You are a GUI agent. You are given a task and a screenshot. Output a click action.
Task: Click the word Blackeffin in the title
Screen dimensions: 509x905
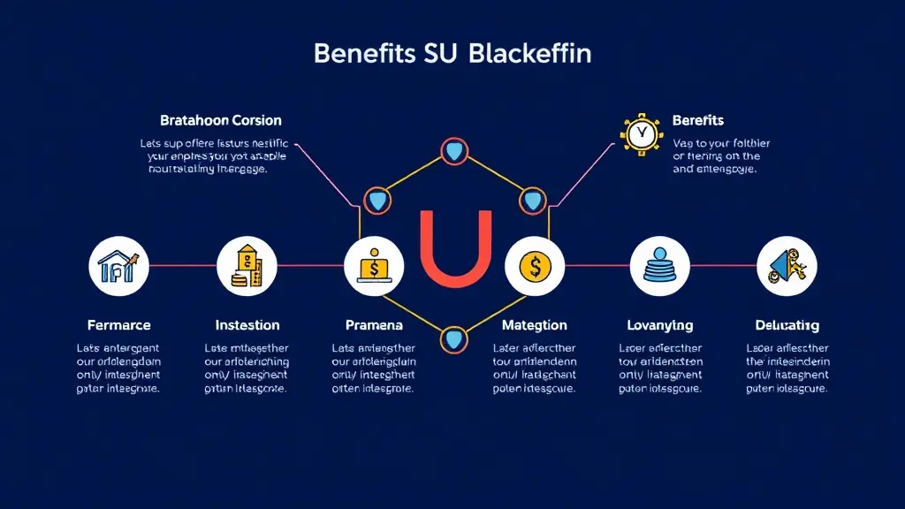click(x=530, y=53)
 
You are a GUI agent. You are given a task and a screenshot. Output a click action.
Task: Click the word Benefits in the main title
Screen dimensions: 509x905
click(x=364, y=53)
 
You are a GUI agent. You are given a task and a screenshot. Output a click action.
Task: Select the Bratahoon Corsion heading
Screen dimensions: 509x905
click(x=221, y=120)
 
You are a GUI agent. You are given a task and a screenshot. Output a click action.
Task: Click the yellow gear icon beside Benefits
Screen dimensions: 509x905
click(x=641, y=134)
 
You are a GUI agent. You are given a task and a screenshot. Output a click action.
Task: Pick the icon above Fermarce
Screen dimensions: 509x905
click(x=119, y=265)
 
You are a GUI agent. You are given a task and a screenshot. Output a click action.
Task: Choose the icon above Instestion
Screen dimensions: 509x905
click(x=247, y=265)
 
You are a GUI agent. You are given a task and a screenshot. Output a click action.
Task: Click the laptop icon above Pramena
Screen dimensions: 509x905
click(x=374, y=265)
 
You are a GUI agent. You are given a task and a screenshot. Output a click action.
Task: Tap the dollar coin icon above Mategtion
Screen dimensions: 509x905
click(x=534, y=265)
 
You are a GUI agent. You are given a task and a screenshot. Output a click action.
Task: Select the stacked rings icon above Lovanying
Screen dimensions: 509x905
click(x=659, y=265)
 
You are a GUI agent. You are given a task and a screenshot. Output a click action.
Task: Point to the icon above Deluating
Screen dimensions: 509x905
click(x=787, y=265)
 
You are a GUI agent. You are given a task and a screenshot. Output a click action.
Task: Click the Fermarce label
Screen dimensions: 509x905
click(x=119, y=325)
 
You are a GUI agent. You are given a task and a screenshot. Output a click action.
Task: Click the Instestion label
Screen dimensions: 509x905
click(x=247, y=325)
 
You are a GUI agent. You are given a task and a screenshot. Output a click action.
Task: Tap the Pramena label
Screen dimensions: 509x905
click(x=374, y=325)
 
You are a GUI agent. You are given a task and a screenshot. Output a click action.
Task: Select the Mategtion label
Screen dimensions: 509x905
click(x=534, y=325)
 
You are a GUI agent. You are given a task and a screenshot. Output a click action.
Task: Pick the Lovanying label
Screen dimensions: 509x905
click(x=659, y=325)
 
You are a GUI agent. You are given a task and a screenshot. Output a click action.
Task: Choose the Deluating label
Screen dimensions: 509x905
click(x=787, y=325)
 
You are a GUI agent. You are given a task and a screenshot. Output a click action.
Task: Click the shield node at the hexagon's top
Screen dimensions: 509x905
click(x=454, y=151)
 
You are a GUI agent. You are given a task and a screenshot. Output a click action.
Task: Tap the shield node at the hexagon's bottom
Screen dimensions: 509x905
click(x=454, y=338)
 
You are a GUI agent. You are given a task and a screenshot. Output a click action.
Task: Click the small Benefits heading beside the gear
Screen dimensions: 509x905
click(x=698, y=120)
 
